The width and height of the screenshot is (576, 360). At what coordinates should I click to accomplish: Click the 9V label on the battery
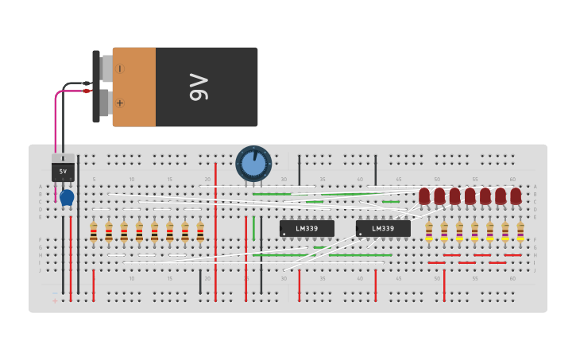click(x=199, y=87)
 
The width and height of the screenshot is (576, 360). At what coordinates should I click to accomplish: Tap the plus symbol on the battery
click(x=120, y=103)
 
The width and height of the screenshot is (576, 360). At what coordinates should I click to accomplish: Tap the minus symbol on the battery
click(x=120, y=69)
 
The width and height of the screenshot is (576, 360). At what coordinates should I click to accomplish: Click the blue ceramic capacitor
click(x=67, y=196)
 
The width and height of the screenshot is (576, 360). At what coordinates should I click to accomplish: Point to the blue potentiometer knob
click(x=253, y=164)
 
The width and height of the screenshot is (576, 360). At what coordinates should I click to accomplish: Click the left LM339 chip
click(x=307, y=229)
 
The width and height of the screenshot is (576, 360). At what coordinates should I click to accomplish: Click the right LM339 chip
click(x=383, y=229)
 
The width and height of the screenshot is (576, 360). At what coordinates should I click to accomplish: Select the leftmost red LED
click(x=424, y=195)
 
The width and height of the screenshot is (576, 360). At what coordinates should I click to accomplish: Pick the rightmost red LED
click(x=516, y=195)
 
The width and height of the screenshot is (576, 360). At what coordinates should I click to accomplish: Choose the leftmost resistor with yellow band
click(x=429, y=231)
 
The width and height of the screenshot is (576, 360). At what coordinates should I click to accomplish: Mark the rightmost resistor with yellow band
click(x=520, y=231)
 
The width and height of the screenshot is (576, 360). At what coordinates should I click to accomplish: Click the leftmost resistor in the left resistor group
click(x=94, y=231)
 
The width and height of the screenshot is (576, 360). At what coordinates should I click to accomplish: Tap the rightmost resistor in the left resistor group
click(x=200, y=231)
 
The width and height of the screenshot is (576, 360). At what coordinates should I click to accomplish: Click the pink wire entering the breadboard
click(x=56, y=127)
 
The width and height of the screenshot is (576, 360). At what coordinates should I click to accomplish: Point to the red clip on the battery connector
click(x=87, y=91)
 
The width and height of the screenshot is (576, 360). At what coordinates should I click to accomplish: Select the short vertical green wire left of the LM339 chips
click(x=253, y=228)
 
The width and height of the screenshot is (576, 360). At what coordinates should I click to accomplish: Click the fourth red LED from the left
click(x=470, y=195)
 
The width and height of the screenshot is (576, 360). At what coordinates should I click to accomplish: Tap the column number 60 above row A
click(x=512, y=180)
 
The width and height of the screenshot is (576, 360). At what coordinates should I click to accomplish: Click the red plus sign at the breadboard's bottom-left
click(x=55, y=300)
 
